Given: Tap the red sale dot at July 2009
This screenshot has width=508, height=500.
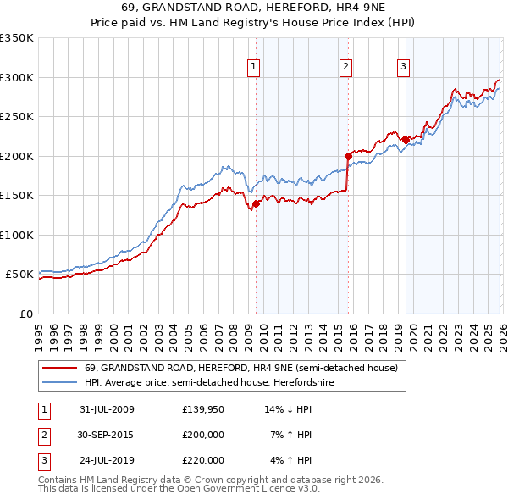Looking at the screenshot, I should tap(257, 203).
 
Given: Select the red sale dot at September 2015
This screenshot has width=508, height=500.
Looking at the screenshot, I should tap(348, 156).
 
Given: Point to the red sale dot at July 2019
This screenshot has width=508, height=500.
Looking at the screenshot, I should tap(406, 140).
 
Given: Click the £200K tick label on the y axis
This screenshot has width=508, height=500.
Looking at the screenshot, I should tap(17, 156).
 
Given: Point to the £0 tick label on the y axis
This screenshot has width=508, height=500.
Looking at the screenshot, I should tap(25, 314).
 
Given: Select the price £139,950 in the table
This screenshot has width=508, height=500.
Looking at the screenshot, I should tap(202, 409).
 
